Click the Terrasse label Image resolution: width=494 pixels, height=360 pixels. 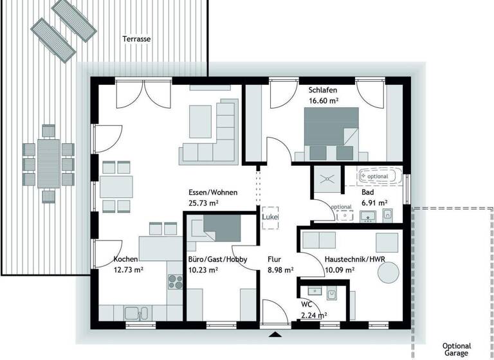click(x=136, y=39)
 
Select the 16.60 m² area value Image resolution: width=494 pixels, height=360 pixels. click(x=324, y=101)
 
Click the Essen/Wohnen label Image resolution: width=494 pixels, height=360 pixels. click(x=213, y=193)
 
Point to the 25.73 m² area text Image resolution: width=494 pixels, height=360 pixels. click(x=204, y=203)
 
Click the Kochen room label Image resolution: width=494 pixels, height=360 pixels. click(x=125, y=259)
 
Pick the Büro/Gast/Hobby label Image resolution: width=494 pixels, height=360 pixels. click(x=217, y=260)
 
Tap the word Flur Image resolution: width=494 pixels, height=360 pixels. click(x=274, y=260)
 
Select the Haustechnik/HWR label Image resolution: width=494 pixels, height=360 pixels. click(x=354, y=260)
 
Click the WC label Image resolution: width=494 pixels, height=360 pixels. click(x=307, y=305)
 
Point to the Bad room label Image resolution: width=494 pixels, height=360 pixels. click(x=367, y=192)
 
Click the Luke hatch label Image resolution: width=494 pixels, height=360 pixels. click(x=270, y=217)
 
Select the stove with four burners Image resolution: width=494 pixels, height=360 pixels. click(x=175, y=280)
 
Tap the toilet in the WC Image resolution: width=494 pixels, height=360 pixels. click(x=333, y=295)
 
